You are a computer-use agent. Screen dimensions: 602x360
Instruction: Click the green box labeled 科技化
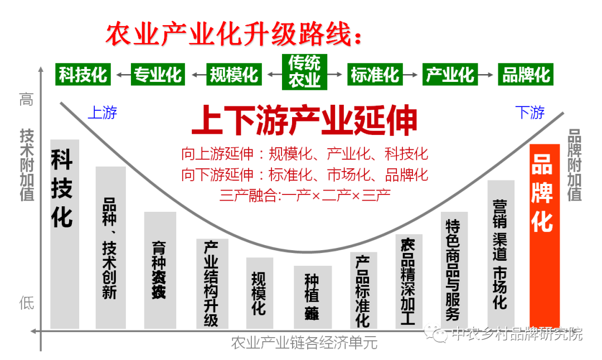[x=84, y=74]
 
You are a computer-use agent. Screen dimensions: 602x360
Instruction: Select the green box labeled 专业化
[x=158, y=74]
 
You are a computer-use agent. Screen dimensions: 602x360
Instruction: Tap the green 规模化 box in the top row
[x=234, y=74]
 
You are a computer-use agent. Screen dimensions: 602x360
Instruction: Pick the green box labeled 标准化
[x=375, y=74]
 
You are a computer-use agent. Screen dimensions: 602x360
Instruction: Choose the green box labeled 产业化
[x=450, y=74]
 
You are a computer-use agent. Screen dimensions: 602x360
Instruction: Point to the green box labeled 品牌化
[x=526, y=74]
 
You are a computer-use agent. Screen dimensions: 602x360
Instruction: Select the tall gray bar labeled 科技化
[x=64, y=234]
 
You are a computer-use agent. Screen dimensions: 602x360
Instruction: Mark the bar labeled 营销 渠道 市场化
[x=501, y=254]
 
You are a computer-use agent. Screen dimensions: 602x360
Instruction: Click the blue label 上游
[x=103, y=113]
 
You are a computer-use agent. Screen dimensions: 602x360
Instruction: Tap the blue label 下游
[x=530, y=113]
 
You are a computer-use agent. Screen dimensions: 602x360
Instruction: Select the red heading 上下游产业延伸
[x=304, y=121]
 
